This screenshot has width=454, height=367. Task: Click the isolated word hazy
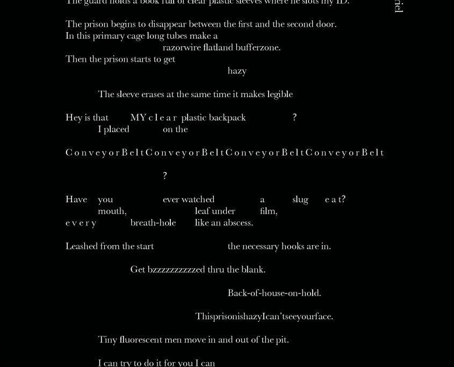[237, 71]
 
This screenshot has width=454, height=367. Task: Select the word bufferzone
[258, 47]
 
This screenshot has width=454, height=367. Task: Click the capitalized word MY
[138, 118]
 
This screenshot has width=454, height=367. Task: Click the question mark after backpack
[294, 118]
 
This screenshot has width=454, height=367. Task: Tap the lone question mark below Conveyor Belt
[165, 176]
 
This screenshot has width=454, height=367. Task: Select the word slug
[300, 200]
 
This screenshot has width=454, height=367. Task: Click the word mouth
[112, 211]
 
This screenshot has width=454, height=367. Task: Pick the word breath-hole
[153, 223]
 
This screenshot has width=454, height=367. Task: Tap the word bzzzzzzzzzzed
[176, 270]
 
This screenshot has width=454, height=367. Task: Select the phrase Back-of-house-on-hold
[274, 293]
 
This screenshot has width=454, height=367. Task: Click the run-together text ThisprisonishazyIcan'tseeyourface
[264, 317]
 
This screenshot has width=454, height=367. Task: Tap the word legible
[280, 94]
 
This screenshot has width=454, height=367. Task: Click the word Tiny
[107, 340]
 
